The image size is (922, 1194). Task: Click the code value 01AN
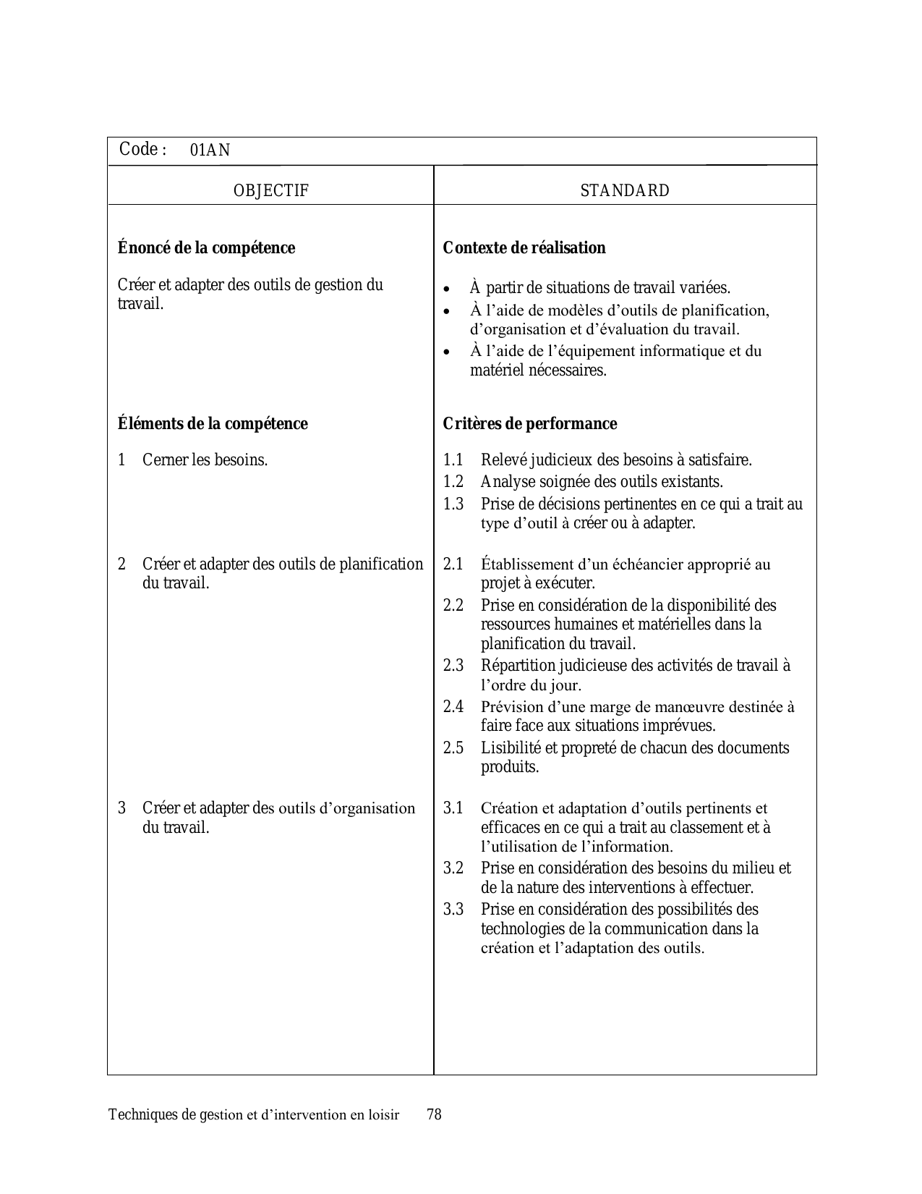coord(210,151)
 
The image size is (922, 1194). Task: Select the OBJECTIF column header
coord(271,191)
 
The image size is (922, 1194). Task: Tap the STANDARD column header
coord(625,191)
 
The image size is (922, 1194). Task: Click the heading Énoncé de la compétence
coord(206,248)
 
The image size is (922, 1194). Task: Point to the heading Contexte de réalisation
coord(524,248)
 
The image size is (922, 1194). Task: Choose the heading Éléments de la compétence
coord(213,424)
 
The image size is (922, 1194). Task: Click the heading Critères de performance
coord(530,424)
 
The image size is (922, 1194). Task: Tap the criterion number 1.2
coord(453,482)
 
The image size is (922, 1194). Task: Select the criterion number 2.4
coord(453,707)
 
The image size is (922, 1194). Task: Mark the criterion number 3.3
coord(453,910)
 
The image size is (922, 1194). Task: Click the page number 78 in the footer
coord(434,1115)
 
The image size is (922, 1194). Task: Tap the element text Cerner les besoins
coord(205,460)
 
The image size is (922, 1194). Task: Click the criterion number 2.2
coord(453,606)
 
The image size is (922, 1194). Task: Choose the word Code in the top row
coord(139,150)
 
